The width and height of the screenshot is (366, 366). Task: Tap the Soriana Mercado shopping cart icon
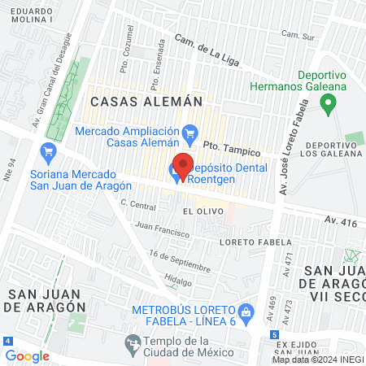[47, 150]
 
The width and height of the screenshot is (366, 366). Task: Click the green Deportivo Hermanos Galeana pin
[329, 103]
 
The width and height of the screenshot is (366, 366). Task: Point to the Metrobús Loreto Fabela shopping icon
[245, 310]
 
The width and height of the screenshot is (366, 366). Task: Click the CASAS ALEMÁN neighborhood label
[146, 102]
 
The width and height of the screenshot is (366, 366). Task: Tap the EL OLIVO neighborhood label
[199, 210]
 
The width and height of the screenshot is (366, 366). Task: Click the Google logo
[27, 355]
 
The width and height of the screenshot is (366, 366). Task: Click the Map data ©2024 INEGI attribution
[318, 359]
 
